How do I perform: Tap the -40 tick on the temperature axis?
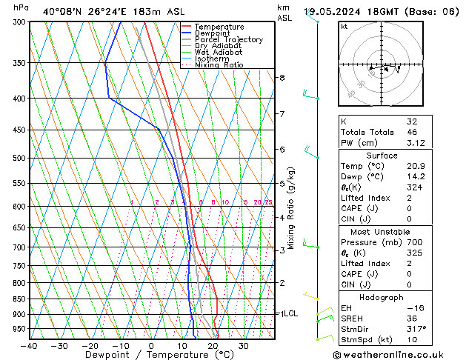coord(30,346)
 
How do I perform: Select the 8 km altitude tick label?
coord(282,77)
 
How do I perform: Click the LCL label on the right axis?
coord(290,313)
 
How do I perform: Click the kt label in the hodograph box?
coord(344,27)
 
